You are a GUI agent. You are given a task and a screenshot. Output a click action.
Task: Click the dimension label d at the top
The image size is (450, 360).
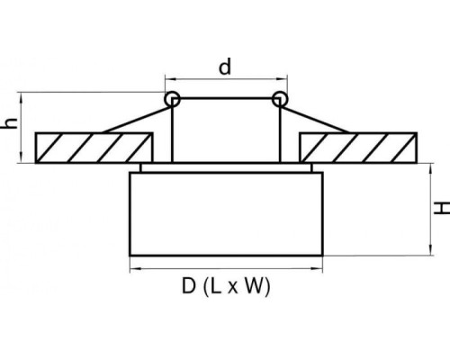click(x=225, y=67)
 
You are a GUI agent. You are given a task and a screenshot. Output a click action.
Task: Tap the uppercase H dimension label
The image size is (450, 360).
click(x=442, y=208)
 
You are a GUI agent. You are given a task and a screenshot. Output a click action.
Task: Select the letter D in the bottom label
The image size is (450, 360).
click(x=189, y=286)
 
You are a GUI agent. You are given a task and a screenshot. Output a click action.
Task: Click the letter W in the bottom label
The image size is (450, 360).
click(x=254, y=286)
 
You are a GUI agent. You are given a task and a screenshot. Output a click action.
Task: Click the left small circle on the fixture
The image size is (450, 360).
click(x=172, y=99)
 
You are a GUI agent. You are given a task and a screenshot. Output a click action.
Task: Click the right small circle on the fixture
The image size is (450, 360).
click(x=280, y=99)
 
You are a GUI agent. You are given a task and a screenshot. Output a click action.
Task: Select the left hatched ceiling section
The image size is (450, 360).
click(x=94, y=148)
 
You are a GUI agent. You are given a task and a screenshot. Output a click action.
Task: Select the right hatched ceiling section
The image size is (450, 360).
click(x=358, y=148)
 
